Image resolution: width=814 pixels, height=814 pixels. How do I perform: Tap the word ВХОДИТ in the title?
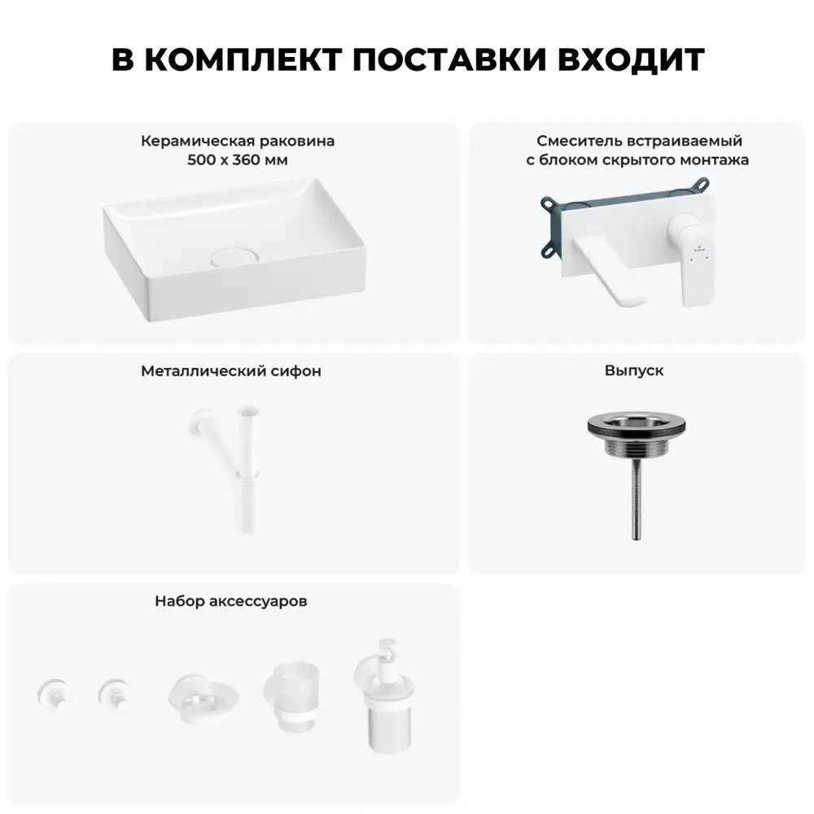click(x=634, y=61)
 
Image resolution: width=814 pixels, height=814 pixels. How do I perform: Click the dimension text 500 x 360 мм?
click(x=237, y=160)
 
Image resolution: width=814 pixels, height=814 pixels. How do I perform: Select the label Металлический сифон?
click(x=231, y=371)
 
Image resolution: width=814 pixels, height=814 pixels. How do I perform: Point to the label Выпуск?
click(x=634, y=370)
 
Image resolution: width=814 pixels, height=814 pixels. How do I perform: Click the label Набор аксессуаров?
click(x=231, y=602)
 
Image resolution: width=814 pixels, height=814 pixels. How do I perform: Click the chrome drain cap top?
click(x=635, y=426)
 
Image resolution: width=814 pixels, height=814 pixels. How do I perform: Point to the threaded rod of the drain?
click(x=635, y=497)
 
